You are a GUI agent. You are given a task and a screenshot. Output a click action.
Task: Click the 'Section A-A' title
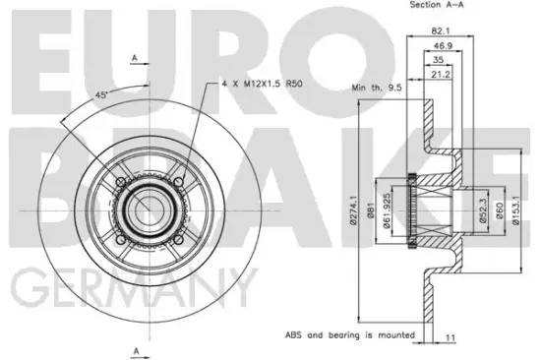[440, 6]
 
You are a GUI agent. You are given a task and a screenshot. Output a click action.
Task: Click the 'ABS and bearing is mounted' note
[345, 335]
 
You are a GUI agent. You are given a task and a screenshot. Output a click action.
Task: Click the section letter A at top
[134, 57]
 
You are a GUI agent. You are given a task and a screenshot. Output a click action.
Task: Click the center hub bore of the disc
[148, 208]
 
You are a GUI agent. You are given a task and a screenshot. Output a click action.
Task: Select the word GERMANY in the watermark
[128, 287]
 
